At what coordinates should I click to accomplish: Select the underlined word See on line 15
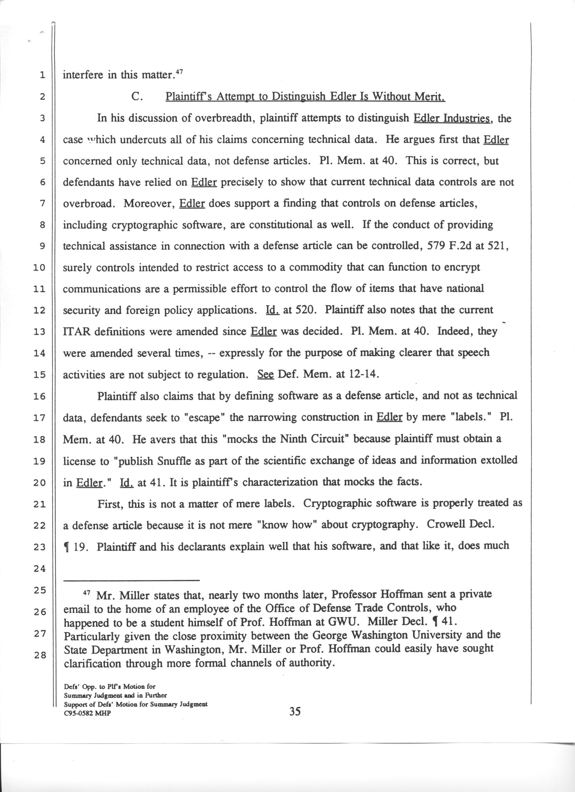(265, 374)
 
